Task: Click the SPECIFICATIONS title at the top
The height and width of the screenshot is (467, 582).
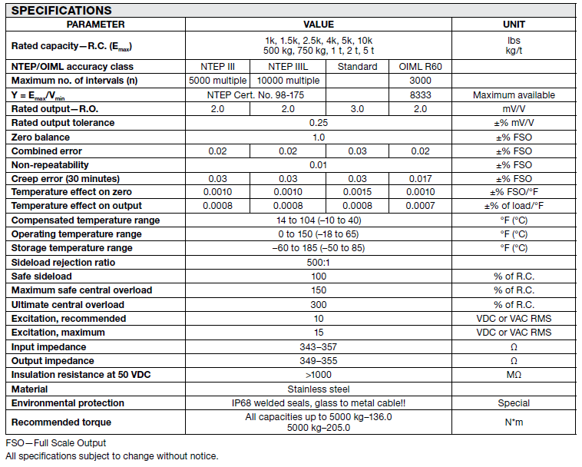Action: click(x=61, y=11)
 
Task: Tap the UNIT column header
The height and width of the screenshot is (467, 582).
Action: click(x=514, y=25)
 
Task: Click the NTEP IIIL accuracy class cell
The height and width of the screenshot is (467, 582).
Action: click(x=288, y=67)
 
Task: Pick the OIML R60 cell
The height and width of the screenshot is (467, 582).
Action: click(x=420, y=67)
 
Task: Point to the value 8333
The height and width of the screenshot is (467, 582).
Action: click(x=420, y=94)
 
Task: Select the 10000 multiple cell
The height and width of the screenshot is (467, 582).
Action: click(x=288, y=81)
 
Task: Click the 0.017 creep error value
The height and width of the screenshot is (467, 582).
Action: click(x=420, y=178)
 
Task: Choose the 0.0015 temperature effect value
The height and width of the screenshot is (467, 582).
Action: click(x=357, y=192)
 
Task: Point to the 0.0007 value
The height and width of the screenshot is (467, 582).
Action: click(x=420, y=206)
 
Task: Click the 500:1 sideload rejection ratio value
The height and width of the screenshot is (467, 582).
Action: click(x=319, y=262)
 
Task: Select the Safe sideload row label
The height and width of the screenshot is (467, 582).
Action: click(x=42, y=276)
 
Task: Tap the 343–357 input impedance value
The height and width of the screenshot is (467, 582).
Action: click(x=319, y=346)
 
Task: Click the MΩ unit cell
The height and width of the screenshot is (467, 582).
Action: click(x=514, y=375)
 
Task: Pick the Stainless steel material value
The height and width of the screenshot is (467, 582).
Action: click(x=319, y=389)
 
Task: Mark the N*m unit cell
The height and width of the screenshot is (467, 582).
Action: click(x=514, y=422)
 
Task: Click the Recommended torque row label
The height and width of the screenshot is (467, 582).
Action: click(x=61, y=422)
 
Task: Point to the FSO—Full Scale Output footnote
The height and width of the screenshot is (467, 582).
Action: click(x=55, y=443)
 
